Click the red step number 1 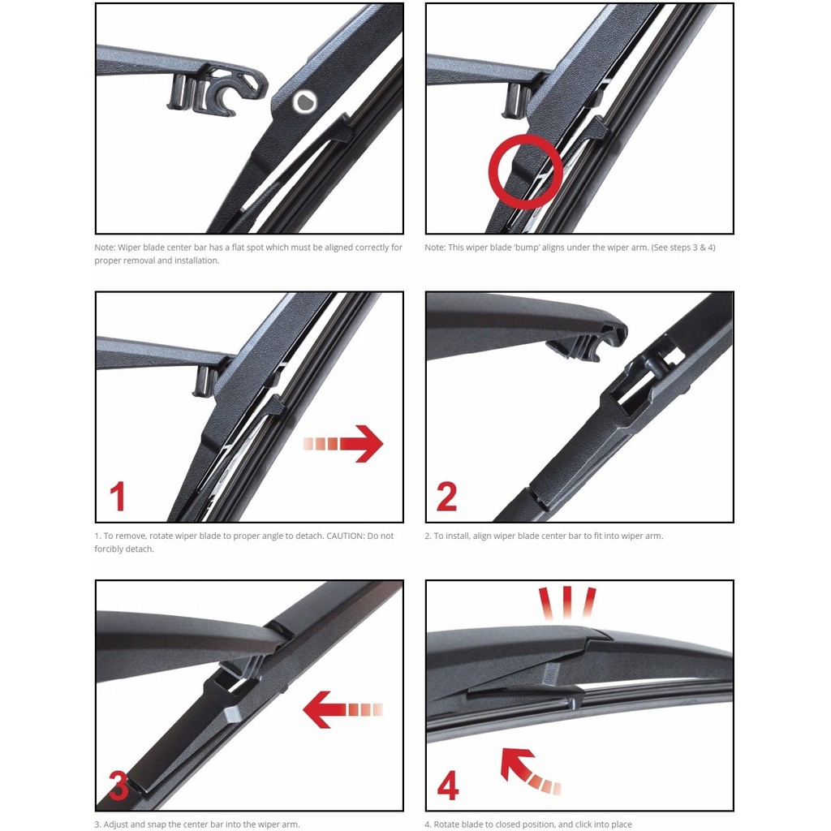117,496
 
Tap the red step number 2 446,496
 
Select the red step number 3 118,785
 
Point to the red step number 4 448,786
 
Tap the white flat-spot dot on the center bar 305,101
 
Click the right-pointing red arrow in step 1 343,443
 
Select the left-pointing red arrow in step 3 342,709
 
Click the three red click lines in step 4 567,602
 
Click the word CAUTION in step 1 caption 346,536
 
